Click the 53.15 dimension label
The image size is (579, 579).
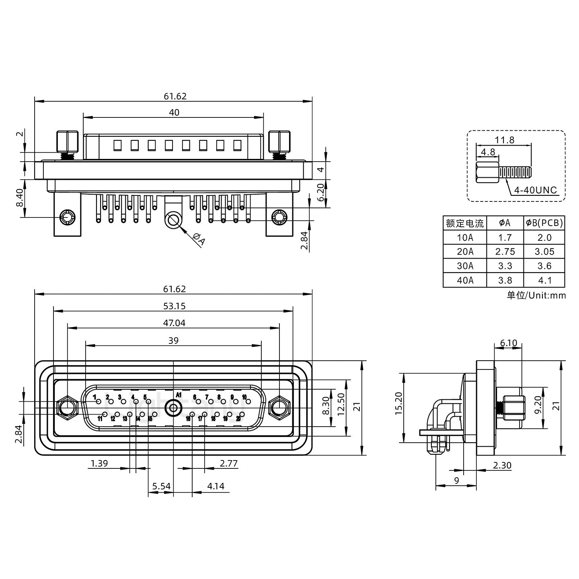click(x=174, y=306)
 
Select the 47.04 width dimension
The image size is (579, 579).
click(x=174, y=323)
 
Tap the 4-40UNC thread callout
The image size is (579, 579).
click(x=536, y=190)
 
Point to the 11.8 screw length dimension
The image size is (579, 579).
click(x=504, y=140)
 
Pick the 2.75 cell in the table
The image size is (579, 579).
click(x=505, y=252)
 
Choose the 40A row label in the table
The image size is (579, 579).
click(x=465, y=280)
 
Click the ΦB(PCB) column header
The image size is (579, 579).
click(x=544, y=223)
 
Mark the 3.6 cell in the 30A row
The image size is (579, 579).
click(x=544, y=266)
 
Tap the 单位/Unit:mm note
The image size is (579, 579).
click(x=536, y=296)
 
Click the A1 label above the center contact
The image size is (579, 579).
click(x=179, y=395)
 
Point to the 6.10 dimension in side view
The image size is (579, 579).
click(x=508, y=343)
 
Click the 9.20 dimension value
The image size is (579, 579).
click(x=538, y=409)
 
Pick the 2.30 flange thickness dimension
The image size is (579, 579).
click(x=502, y=465)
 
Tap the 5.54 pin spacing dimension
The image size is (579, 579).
click(x=161, y=486)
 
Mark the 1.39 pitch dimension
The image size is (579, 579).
click(x=99, y=463)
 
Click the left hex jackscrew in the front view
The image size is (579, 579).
click(x=67, y=409)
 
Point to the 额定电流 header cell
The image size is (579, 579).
click(x=465, y=223)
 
